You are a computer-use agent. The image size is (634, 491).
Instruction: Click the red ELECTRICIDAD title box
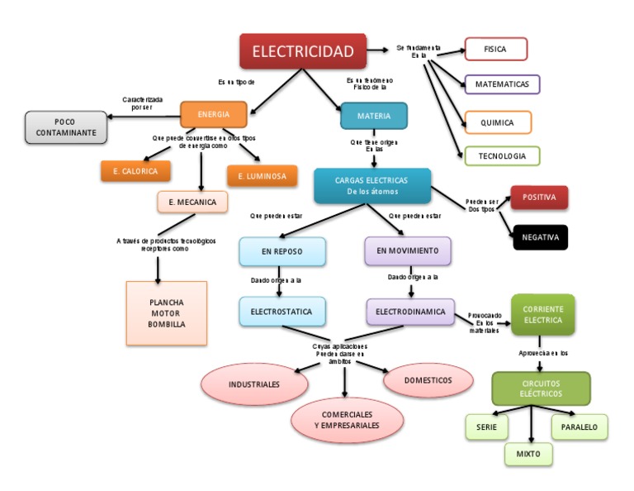click(x=302, y=51)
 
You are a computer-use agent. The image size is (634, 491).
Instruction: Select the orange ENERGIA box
click(x=214, y=114)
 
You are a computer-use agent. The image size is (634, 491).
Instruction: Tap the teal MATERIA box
click(x=373, y=116)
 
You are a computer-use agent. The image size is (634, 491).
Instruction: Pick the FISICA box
click(x=495, y=50)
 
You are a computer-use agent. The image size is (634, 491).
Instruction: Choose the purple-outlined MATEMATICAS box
click(x=502, y=84)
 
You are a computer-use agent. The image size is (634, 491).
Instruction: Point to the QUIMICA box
click(x=497, y=122)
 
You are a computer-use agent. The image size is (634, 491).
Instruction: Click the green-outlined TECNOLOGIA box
click(x=501, y=155)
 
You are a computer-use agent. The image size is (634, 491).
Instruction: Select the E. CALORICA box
click(x=135, y=171)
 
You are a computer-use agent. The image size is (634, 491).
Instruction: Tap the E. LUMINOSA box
click(x=262, y=176)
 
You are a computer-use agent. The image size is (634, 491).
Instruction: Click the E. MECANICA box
click(x=192, y=202)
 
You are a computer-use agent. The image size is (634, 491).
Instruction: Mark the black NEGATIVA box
click(x=540, y=237)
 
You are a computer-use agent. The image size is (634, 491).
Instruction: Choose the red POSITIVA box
click(x=539, y=198)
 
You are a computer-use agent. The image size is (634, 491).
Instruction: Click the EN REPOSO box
click(x=282, y=250)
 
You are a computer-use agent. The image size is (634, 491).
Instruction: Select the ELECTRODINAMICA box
click(x=410, y=312)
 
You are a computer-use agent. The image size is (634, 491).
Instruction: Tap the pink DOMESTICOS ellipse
click(x=428, y=380)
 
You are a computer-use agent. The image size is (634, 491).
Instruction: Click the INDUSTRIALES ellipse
click(x=254, y=384)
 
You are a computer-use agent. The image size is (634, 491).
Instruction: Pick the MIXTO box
click(x=528, y=454)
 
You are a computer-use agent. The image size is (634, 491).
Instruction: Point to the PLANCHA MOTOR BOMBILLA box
click(x=166, y=313)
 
